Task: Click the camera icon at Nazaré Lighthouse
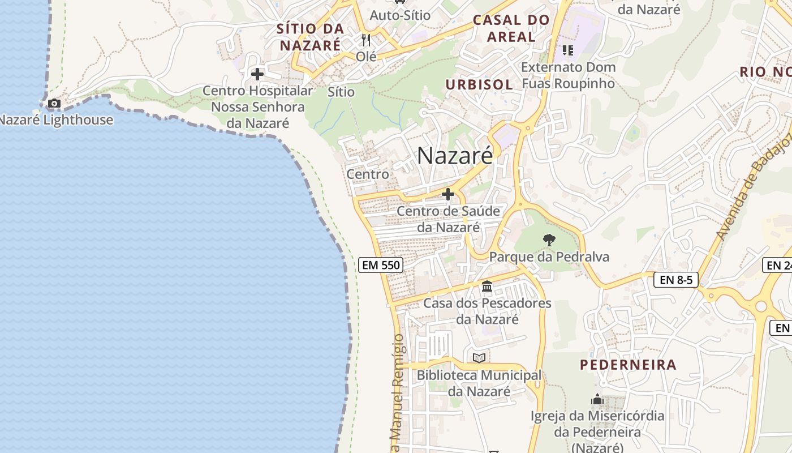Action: coord(54,103)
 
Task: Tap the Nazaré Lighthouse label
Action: coord(56,120)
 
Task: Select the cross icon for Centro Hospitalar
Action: coord(257,74)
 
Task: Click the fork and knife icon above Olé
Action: coord(366,40)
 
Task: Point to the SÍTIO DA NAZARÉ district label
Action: coord(310,37)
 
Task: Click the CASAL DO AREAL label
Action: coord(511,28)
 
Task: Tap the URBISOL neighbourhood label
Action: coord(479,85)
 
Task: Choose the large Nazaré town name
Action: coord(455,156)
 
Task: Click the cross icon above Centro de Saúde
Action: coord(448,195)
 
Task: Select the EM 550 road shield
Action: coord(380,265)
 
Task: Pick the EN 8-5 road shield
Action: coord(676,279)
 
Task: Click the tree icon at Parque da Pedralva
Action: coord(549,240)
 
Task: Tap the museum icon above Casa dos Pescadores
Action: coord(487,287)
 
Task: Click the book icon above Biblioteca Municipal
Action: coord(479,358)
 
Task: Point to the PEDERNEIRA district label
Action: coord(628,365)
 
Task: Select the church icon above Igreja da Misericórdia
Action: coord(597,400)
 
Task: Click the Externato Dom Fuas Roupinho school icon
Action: coord(568,50)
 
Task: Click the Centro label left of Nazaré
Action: coord(368,174)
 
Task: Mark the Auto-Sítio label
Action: coord(400,15)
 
